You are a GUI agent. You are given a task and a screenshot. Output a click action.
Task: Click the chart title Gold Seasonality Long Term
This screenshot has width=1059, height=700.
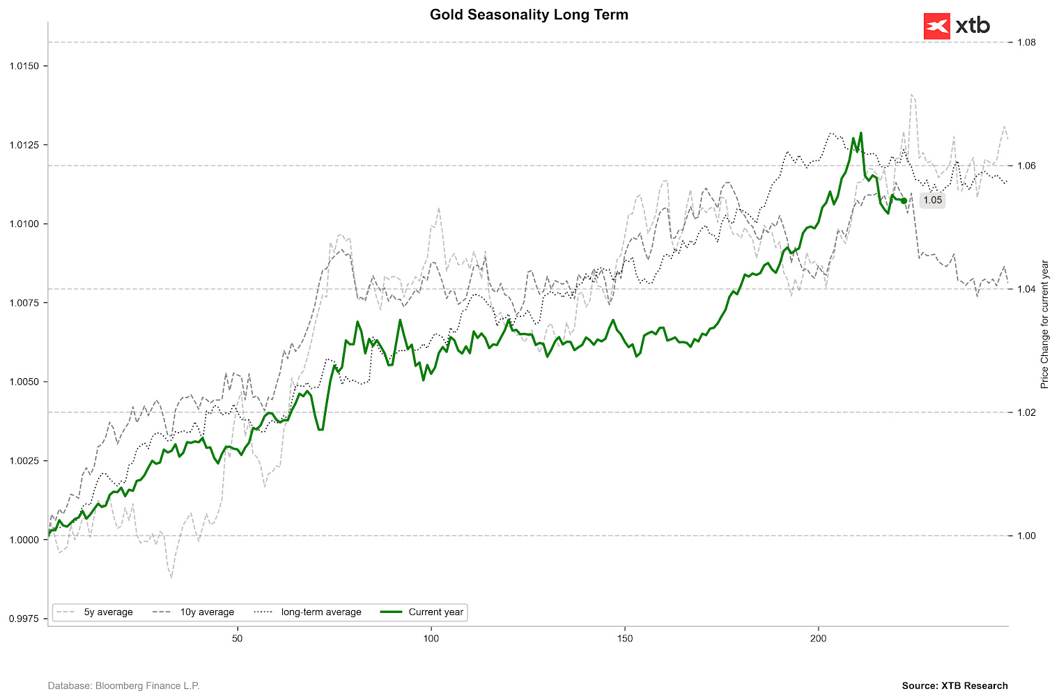pyautogui.click(x=529, y=15)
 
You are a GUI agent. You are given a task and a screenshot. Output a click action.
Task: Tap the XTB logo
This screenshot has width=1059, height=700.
pyautogui.click(x=956, y=26)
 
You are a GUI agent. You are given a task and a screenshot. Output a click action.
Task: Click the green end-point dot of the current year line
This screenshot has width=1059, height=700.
pyautogui.click(x=904, y=201)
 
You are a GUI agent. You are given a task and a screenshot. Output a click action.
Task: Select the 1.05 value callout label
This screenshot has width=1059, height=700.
pyautogui.click(x=932, y=201)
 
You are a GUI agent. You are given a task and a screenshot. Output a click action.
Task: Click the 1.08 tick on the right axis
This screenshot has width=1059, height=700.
pyautogui.click(x=1026, y=42)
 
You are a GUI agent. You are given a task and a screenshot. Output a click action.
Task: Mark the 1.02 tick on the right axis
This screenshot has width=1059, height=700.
pyautogui.click(x=1026, y=412)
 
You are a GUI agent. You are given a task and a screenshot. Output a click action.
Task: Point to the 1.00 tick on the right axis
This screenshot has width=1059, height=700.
pyautogui.click(x=1026, y=536)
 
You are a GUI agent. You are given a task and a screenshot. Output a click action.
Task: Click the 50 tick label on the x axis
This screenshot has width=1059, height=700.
pyautogui.click(x=237, y=639)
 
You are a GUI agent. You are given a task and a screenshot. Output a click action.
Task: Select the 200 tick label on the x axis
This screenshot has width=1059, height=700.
pyautogui.click(x=819, y=639)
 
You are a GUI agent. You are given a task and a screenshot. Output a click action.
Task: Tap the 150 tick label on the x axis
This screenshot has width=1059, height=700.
pyautogui.click(x=625, y=639)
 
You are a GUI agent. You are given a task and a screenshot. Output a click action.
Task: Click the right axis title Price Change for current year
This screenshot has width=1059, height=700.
pyautogui.click(x=1044, y=325)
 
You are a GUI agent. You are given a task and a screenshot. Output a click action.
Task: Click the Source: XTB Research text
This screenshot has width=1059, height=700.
pyautogui.click(x=954, y=686)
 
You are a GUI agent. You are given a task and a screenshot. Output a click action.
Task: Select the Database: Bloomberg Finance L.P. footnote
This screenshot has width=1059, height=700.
pyautogui.click(x=123, y=686)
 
